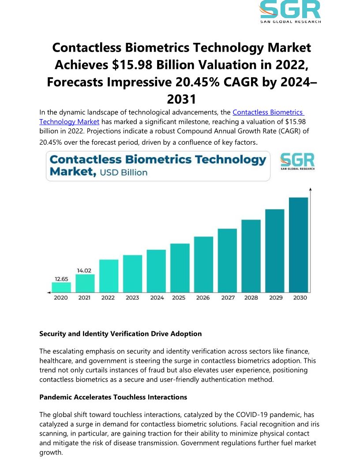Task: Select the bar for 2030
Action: tap(299, 245)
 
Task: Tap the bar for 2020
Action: tap(61, 287)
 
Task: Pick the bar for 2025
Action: tap(180, 268)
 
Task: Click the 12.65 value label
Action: tap(61, 278)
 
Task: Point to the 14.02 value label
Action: tap(84, 271)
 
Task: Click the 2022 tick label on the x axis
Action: tap(108, 298)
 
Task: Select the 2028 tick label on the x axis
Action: tap(251, 298)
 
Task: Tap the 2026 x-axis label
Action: tap(203, 298)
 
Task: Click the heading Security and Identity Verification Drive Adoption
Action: tap(120, 334)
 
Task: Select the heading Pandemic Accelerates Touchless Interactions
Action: tap(113, 397)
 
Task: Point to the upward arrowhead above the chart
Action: tap(311, 190)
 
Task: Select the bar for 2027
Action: tap(227, 260)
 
